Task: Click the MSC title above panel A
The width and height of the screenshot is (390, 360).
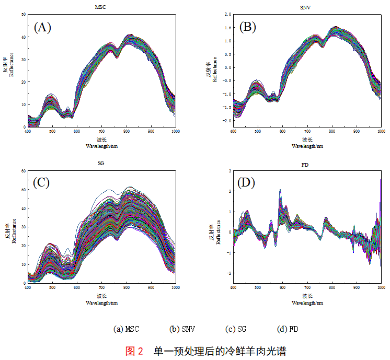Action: click(x=101, y=7)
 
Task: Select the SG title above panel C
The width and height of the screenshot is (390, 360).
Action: click(x=101, y=164)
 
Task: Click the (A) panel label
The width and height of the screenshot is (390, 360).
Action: click(x=42, y=28)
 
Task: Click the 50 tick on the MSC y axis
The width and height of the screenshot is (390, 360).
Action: click(x=24, y=15)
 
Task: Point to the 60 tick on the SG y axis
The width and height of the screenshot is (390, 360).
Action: click(x=24, y=171)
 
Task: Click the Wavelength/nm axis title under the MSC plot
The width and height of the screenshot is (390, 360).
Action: click(x=101, y=146)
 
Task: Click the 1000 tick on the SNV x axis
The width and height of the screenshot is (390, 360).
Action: click(x=381, y=131)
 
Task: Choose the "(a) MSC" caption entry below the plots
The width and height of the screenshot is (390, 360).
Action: click(x=128, y=329)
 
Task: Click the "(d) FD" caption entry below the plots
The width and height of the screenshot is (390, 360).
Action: click(x=288, y=329)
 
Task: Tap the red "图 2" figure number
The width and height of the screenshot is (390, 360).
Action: click(x=134, y=351)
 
